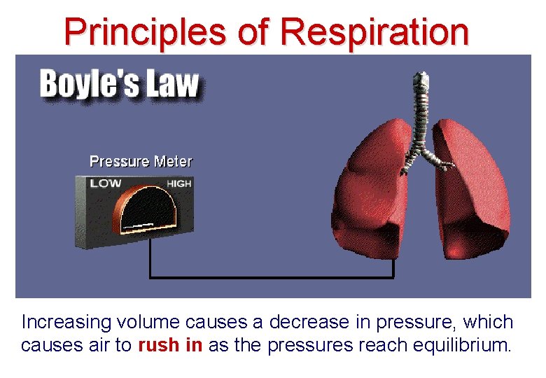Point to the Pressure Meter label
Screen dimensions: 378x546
[141, 161]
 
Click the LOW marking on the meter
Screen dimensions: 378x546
[105, 183]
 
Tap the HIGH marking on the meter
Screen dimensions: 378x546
[178, 183]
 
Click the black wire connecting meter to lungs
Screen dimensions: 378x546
[273, 277]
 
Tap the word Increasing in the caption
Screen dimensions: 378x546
[66, 323]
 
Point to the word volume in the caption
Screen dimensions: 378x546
[148, 323]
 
